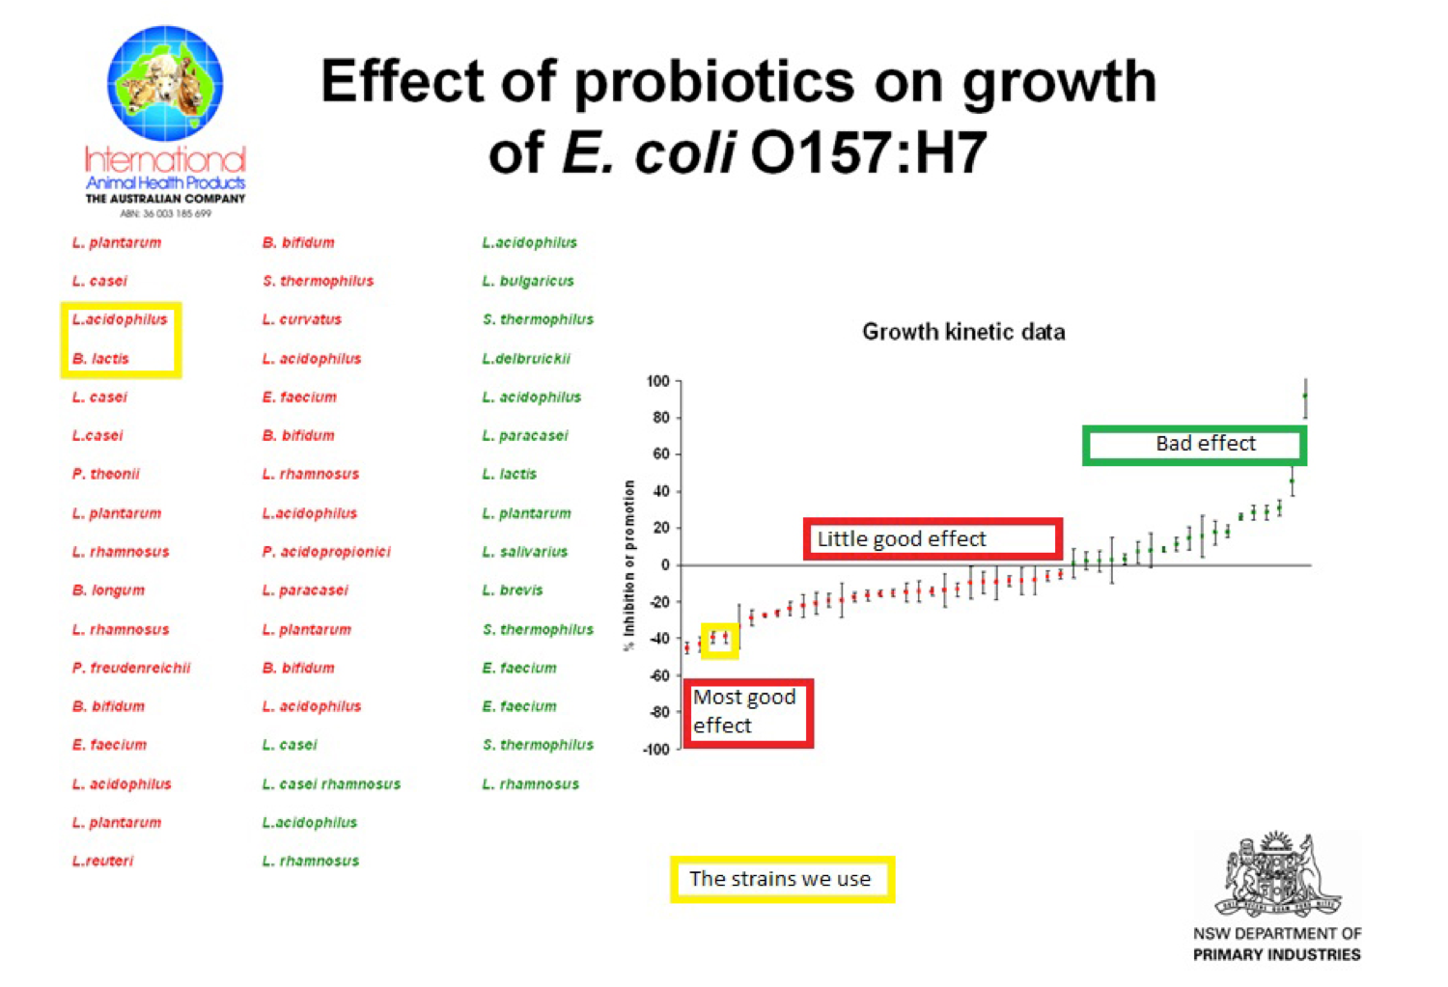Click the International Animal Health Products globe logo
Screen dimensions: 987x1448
165,84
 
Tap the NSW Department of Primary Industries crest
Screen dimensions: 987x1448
1277,875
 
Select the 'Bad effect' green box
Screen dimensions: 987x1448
1194,445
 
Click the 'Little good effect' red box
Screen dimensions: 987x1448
933,538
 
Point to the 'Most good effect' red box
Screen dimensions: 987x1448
748,712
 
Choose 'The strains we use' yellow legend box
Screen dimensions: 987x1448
782,879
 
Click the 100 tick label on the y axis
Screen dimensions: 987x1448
658,382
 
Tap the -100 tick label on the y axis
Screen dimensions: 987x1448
655,750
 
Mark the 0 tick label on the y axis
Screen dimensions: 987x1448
665,565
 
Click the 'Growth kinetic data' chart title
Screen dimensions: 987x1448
963,332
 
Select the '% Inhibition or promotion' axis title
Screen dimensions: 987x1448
629,564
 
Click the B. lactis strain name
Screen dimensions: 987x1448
100,359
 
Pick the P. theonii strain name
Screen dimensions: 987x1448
106,475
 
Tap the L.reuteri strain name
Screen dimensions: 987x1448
102,861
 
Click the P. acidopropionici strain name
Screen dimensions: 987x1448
326,552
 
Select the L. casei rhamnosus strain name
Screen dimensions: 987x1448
331,784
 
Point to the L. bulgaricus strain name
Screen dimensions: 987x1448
528,282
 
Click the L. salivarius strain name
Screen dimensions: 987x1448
525,552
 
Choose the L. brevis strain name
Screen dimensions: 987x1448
513,590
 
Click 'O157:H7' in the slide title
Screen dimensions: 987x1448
869,152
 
